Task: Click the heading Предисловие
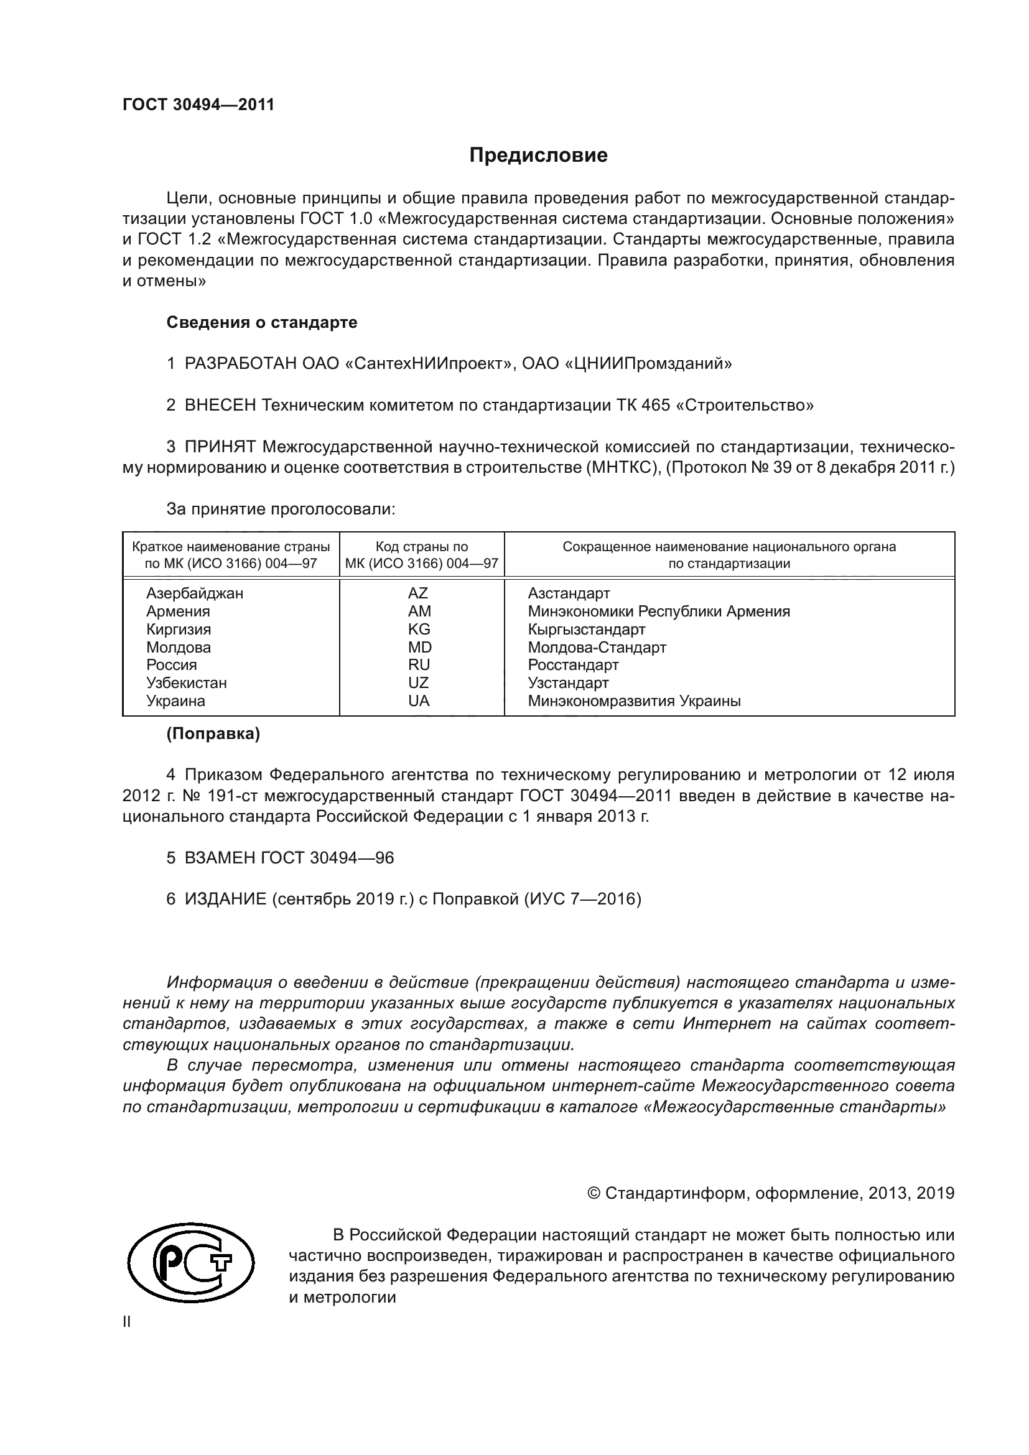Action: point(538,156)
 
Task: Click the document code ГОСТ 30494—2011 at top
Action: point(198,105)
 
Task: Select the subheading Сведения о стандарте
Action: point(262,323)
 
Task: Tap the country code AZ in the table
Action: point(418,593)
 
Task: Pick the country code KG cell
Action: point(419,630)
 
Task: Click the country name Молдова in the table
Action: point(178,647)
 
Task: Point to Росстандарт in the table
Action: point(573,665)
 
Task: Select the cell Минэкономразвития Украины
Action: point(633,701)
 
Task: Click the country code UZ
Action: point(419,682)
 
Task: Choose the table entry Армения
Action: point(177,611)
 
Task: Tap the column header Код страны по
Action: point(421,547)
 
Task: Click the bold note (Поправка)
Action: point(213,734)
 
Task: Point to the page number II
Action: point(127,1322)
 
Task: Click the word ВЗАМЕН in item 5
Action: point(219,858)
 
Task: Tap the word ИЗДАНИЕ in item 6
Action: point(225,899)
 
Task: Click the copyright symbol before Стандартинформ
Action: point(594,1194)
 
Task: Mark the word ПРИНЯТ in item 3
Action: point(219,447)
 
